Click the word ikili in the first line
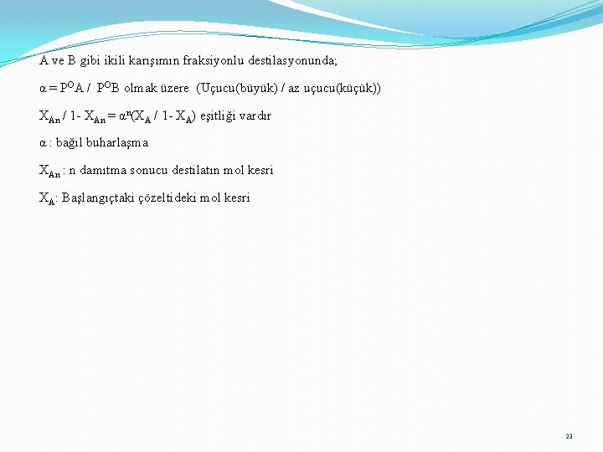[x=113, y=61]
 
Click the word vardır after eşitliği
[x=255, y=116]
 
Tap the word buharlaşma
[x=119, y=143]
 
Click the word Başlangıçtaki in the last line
[x=96, y=198]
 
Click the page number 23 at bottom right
[x=569, y=436]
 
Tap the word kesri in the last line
[x=237, y=198]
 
